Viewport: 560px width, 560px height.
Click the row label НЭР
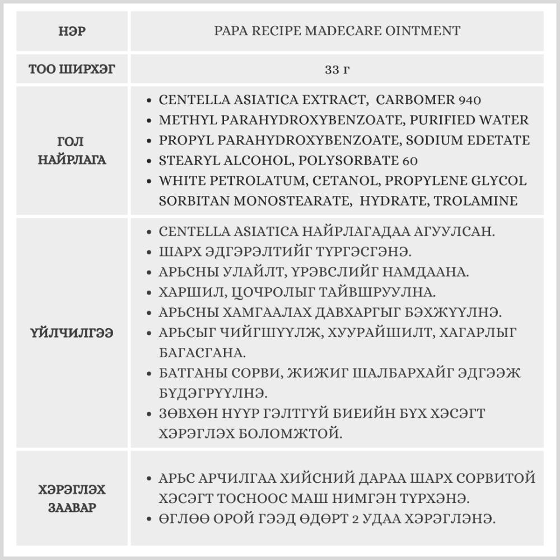(x=73, y=31)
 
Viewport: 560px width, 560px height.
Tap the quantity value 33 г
(x=338, y=70)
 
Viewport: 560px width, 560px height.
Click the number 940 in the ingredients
(x=470, y=100)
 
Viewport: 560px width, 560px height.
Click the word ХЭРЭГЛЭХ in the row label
(x=73, y=490)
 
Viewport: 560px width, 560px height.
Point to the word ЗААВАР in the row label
(x=73, y=508)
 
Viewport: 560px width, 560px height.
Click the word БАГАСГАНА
(x=194, y=353)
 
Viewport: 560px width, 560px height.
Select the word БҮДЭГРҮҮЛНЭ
(x=213, y=394)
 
